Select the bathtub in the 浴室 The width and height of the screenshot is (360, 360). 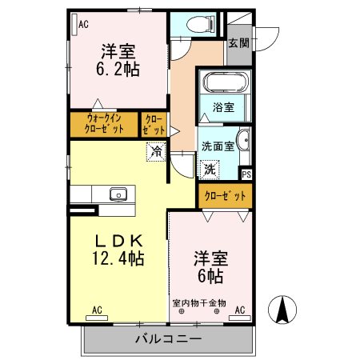224,84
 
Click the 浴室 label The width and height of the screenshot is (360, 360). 223,107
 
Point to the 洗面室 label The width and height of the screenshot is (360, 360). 218,146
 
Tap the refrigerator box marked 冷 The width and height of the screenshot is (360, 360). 155,150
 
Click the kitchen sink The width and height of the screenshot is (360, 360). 118,194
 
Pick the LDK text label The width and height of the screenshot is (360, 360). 120,241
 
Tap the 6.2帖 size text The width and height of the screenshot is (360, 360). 120,70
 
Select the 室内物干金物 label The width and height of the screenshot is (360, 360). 199,303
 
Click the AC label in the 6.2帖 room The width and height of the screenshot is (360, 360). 82,25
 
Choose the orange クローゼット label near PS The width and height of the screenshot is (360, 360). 225,194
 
